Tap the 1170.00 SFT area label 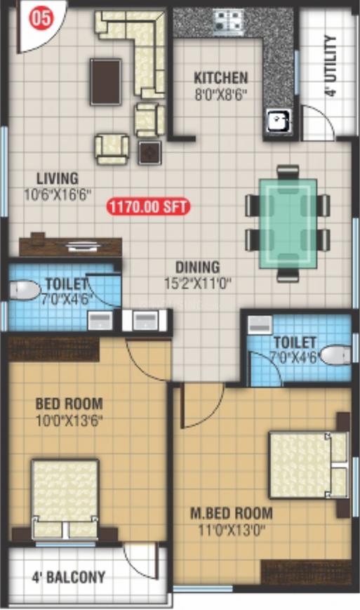(148, 207)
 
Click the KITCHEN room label (221, 78)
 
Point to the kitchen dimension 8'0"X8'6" (221, 93)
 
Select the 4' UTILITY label (331, 65)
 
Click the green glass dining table (288, 223)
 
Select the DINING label (197, 267)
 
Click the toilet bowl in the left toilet (27, 291)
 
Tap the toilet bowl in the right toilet (335, 354)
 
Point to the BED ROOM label (69, 404)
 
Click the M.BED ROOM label (232, 512)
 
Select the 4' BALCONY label (69, 578)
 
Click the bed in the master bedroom (308, 465)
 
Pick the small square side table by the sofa (149, 152)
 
